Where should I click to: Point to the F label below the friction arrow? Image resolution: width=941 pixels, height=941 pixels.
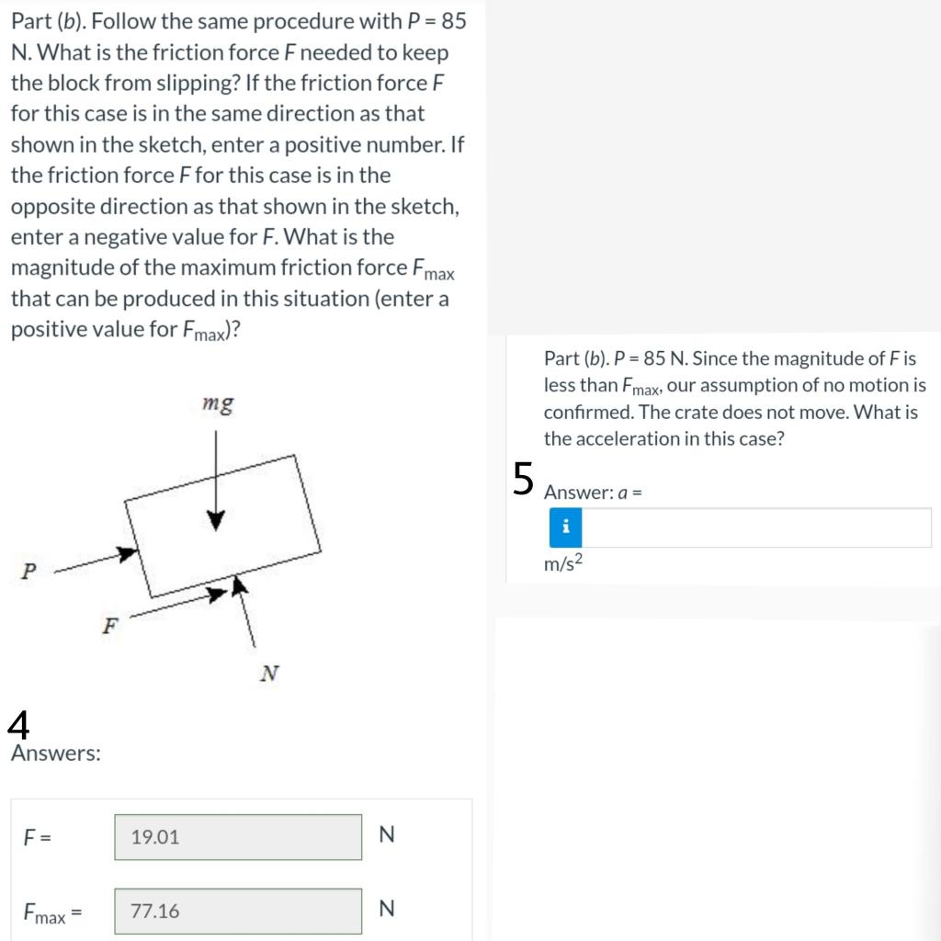pos(110,627)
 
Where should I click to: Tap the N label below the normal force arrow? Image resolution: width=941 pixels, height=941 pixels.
pos(268,675)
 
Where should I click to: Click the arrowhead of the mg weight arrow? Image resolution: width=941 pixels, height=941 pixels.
pos(216,520)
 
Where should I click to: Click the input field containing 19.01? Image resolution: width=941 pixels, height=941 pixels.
pos(238,837)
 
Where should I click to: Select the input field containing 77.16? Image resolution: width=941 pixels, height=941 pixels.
pos(238,911)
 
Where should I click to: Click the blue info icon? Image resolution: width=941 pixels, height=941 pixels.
pos(566,527)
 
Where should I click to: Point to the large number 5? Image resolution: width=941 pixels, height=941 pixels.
pos(523,479)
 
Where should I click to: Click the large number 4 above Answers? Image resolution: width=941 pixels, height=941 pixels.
pos(18,725)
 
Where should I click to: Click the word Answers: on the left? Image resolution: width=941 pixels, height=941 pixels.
pos(56,754)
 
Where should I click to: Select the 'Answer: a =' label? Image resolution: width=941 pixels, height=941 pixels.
pos(593,493)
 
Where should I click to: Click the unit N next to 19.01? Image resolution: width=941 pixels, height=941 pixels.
pos(386,834)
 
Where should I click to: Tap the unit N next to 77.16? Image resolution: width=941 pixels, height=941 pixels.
pos(386,909)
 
